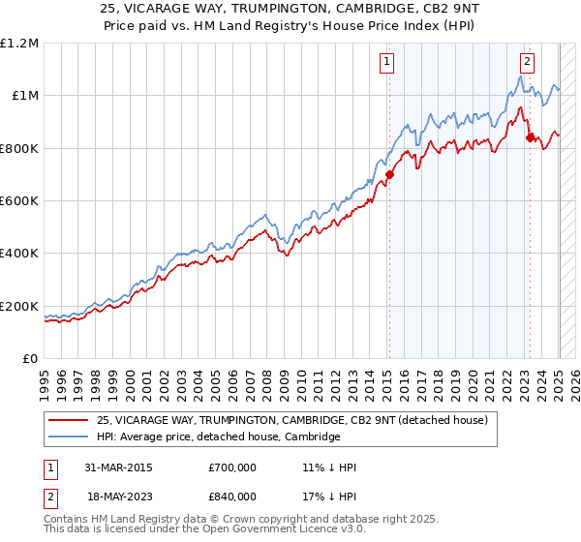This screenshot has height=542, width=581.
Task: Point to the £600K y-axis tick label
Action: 19,201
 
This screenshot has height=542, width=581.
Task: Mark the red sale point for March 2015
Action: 389,175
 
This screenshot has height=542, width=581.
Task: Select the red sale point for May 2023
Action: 530,137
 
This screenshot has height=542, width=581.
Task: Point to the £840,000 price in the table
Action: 231,496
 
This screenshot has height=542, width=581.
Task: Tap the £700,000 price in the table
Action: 231,467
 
